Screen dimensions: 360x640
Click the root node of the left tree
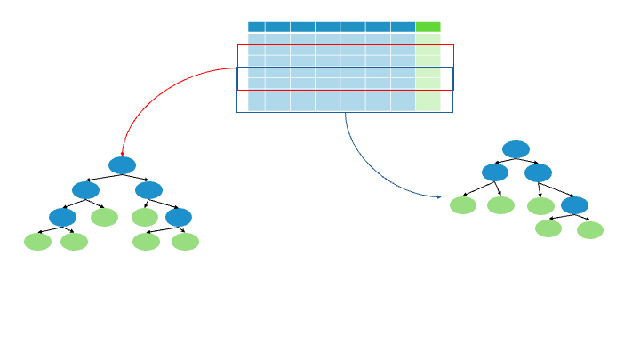pyautogui.click(x=122, y=165)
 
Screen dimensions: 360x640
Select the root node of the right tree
pyautogui.click(x=516, y=148)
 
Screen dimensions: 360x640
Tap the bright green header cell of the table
pyautogui.click(x=428, y=27)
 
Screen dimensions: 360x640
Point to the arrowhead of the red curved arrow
pyautogui.click(x=122, y=154)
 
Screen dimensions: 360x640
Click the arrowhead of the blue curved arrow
pyautogui.click(x=440, y=196)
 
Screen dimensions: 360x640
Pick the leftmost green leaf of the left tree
pyautogui.click(x=37, y=242)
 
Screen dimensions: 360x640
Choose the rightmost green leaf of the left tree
pyautogui.click(x=185, y=242)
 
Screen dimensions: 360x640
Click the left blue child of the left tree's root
pyautogui.click(x=85, y=190)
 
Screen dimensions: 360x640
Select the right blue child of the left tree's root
pyautogui.click(x=148, y=190)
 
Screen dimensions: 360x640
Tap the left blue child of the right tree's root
pyautogui.click(x=495, y=172)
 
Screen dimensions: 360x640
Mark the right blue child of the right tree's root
pyautogui.click(x=538, y=172)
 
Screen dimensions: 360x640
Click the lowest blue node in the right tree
pyautogui.click(x=574, y=205)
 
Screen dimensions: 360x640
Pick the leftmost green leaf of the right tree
pyautogui.click(x=463, y=205)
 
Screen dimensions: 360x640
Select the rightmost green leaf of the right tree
pyautogui.click(x=590, y=230)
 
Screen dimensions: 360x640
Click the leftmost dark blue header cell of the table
pyautogui.click(x=256, y=27)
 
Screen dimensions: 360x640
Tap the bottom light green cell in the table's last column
pyautogui.click(x=428, y=106)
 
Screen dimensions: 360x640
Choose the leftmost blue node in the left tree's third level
pyautogui.click(x=62, y=217)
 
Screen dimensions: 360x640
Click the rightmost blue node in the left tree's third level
pyautogui.click(x=179, y=217)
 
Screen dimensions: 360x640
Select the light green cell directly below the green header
pyautogui.click(x=428, y=39)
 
